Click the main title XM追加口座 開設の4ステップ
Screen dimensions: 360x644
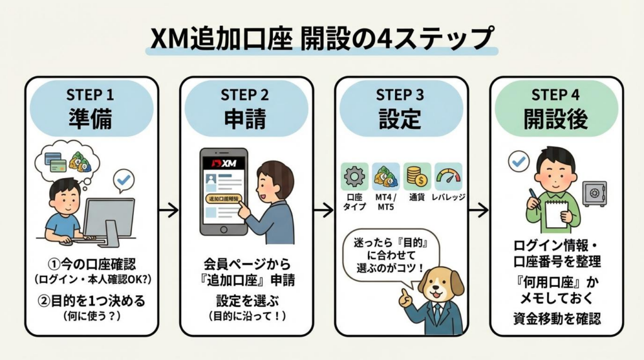321,38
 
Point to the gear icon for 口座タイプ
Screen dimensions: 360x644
355,177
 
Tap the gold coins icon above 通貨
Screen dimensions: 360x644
417,177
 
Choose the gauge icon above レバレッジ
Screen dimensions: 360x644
448,177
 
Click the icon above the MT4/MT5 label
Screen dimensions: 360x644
386,177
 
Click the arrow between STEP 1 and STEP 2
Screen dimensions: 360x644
168,210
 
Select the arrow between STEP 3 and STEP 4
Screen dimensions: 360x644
478,210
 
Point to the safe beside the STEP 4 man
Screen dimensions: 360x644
594,193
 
